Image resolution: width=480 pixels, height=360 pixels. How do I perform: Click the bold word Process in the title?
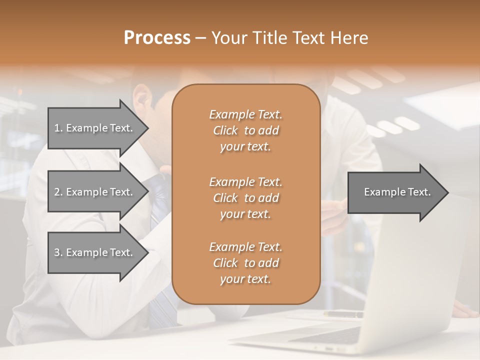(157, 38)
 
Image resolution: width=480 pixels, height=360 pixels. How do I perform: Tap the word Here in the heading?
(348, 38)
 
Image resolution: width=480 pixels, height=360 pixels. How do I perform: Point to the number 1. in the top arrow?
(58, 128)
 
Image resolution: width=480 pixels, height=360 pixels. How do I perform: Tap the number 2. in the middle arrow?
(58, 192)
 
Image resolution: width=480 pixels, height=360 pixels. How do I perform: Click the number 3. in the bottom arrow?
(58, 252)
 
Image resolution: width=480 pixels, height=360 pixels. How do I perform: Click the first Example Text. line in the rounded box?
(245, 114)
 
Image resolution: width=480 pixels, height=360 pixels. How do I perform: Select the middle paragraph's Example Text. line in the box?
(245, 182)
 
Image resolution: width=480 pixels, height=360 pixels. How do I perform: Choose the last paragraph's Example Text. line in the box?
(245, 247)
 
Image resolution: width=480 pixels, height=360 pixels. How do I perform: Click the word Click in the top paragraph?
(225, 130)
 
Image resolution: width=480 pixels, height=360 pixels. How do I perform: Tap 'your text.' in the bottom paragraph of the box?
(245, 279)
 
